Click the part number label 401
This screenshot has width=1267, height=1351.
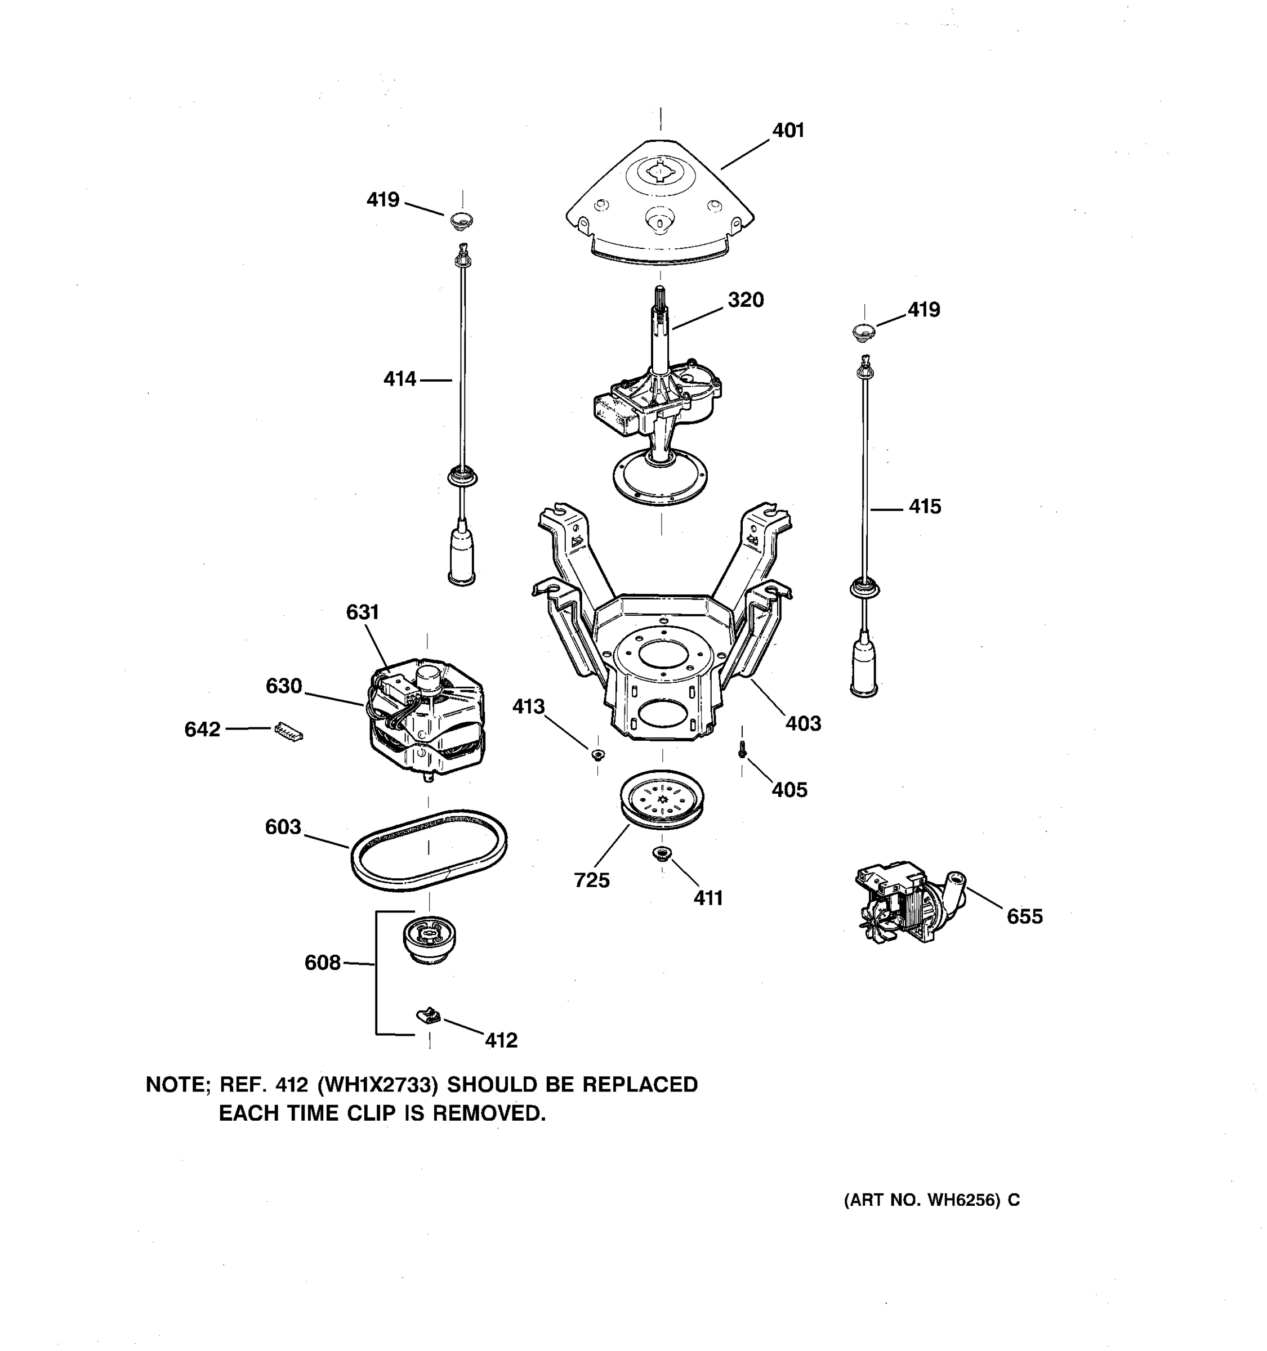tap(788, 131)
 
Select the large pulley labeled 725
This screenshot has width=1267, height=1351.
tap(661, 799)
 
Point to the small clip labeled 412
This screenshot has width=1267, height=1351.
tap(427, 1017)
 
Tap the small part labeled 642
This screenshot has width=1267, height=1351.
tap(288, 732)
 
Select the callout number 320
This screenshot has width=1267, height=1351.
tap(746, 299)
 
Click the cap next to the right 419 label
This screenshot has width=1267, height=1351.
tap(863, 333)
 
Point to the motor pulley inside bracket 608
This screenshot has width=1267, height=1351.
tap(428, 939)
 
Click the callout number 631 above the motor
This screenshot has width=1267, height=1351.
tap(362, 612)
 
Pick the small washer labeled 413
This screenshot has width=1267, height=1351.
tap(597, 754)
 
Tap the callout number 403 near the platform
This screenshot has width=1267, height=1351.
tap(803, 724)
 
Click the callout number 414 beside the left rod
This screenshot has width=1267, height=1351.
tap(400, 379)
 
